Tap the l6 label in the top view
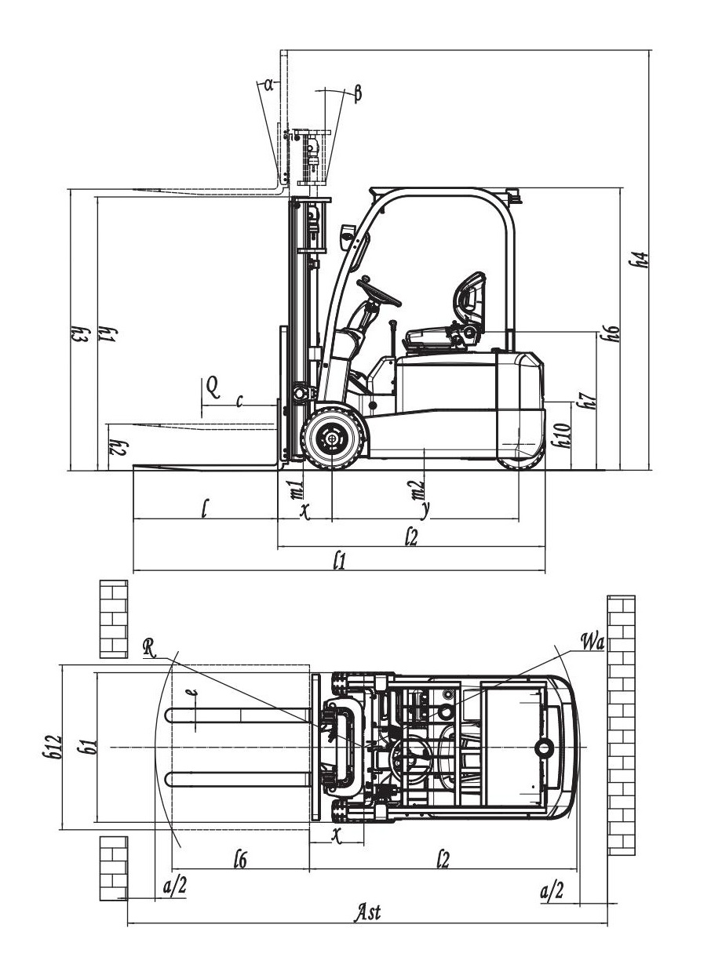click(x=241, y=860)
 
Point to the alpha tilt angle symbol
click(x=268, y=84)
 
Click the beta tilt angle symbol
click(x=358, y=93)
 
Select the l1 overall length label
click(x=339, y=560)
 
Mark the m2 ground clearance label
click(x=420, y=488)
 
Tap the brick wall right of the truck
click(x=621, y=726)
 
